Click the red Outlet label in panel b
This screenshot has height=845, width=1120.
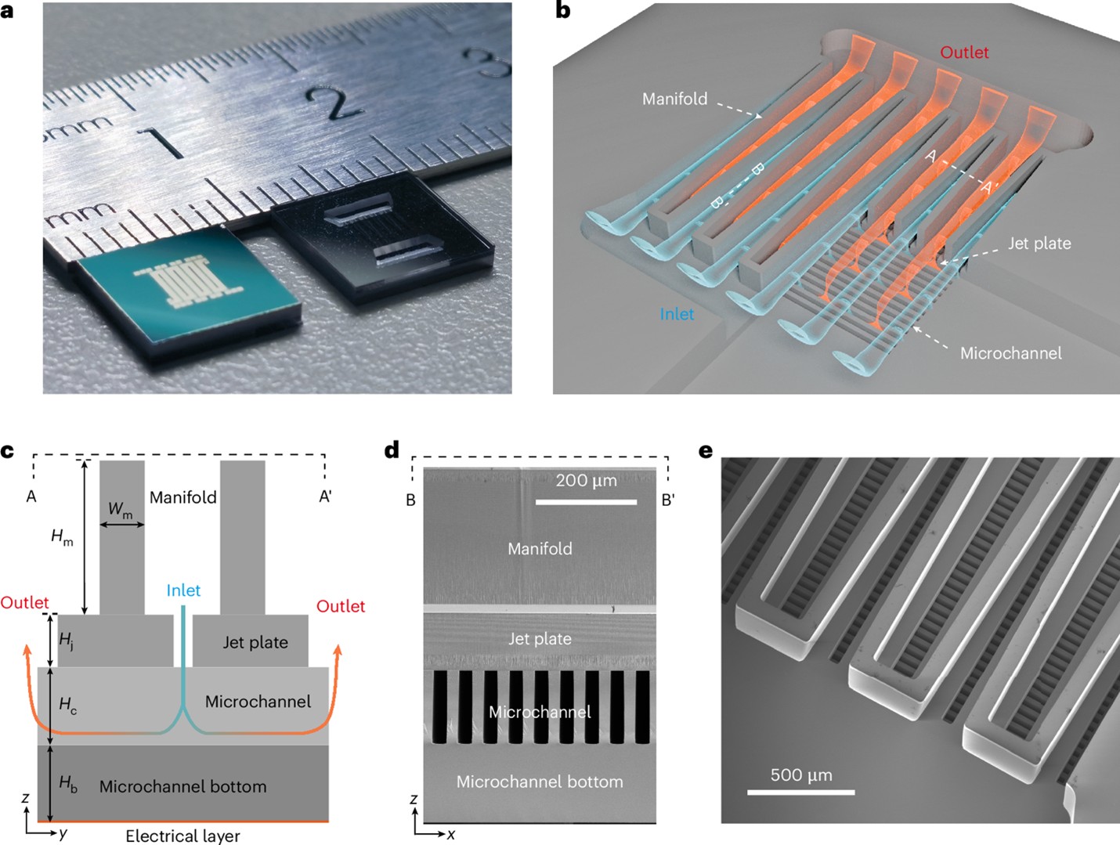(964, 52)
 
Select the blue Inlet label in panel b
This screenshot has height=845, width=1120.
(677, 314)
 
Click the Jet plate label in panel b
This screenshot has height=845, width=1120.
(1039, 244)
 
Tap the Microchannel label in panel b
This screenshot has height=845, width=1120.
(1010, 353)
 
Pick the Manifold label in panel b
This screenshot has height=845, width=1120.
(674, 99)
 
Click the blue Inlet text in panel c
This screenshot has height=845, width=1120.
(183, 590)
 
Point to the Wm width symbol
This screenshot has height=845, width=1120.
(120, 510)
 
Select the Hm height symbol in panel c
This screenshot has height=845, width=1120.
(62, 537)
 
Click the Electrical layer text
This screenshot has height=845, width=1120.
(182, 836)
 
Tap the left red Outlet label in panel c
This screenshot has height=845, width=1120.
(24, 602)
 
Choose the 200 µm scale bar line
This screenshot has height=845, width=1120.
(586, 501)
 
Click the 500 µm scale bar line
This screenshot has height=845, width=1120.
(800, 793)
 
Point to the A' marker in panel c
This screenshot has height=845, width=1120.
(325, 497)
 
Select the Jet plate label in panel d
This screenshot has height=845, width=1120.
(540, 639)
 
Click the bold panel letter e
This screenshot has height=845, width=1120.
(706, 451)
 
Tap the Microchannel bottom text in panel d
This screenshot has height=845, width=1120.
(540, 782)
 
